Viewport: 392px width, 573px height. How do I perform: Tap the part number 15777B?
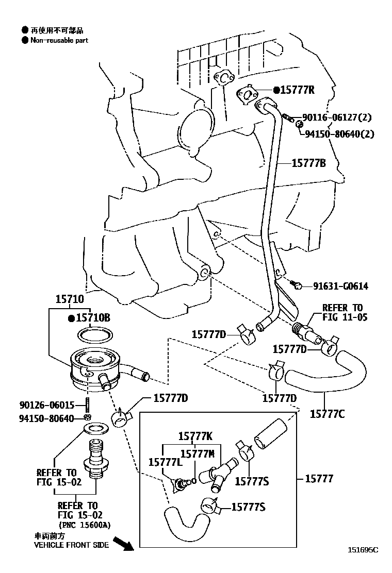308,163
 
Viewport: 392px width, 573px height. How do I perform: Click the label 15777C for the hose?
328,413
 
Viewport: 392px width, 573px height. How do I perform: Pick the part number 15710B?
93,318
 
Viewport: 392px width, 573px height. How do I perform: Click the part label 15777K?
195,436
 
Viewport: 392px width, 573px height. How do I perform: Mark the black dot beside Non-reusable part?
24,40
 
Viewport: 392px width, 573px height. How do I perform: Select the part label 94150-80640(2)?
339,134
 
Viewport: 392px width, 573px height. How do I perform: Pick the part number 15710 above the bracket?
69,299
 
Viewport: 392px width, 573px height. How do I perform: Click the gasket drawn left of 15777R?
249,94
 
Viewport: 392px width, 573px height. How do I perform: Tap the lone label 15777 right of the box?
319,479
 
